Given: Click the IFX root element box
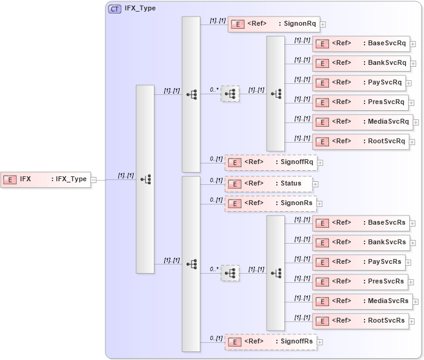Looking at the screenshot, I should pyautogui.click(x=45, y=179).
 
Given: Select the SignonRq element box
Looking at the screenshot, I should pyautogui.click(x=273, y=24).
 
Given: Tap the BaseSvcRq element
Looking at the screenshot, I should pyautogui.click(x=360, y=43).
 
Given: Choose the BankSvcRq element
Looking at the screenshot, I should pyautogui.click(x=360, y=63).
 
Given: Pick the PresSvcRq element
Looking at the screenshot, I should pyautogui.click(x=360, y=102).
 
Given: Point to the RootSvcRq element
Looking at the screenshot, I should pyautogui.click(x=360, y=141).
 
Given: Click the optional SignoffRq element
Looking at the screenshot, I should pyautogui.click(x=270, y=162).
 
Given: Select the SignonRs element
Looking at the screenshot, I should pyautogui.click(x=270, y=204).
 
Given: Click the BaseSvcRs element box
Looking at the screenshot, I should pyautogui.click(x=360, y=223).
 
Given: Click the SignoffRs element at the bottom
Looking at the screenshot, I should pyautogui.click(x=270, y=342).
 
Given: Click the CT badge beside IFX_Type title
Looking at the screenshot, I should pyautogui.click(x=115, y=9).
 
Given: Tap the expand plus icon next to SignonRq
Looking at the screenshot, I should pyautogui.click(x=323, y=24).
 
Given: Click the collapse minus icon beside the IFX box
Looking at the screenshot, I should pyautogui.click(x=94, y=180).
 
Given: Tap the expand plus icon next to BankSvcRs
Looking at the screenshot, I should pyautogui.click(x=413, y=243).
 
